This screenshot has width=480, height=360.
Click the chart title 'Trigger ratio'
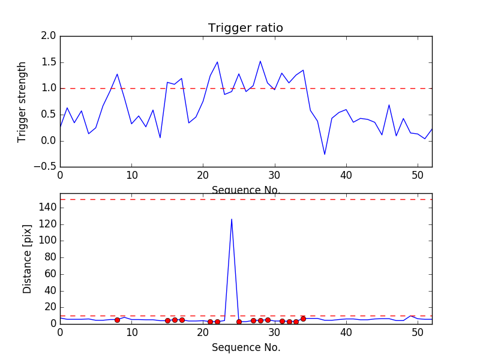[x=245, y=28]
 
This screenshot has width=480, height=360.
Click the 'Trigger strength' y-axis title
[x=22, y=101]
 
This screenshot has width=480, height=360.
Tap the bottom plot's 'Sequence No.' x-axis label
[x=246, y=347]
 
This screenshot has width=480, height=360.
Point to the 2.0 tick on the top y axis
[x=49, y=36]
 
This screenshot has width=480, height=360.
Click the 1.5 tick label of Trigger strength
[x=49, y=62]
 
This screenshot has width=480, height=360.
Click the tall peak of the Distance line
[x=232, y=220]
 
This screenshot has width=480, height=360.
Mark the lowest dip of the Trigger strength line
[x=325, y=154]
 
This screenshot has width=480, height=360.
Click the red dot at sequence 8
[x=117, y=320]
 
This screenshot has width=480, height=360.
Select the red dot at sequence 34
[x=303, y=319]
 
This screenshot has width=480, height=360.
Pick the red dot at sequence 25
[x=239, y=322]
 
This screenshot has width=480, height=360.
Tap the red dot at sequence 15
[x=167, y=320]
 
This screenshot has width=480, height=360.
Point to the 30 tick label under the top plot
[x=275, y=175]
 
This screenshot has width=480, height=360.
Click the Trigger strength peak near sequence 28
[x=260, y=61]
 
